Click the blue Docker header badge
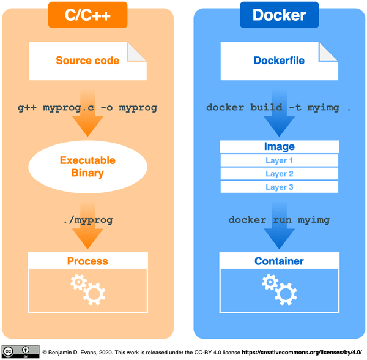pyautogui.click(x=279, y=15)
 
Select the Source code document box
pyautogui.click(x=87, y=61)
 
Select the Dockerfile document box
pyautogui.click(x=279, y=61)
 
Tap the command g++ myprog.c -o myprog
pyautogui.click(x=87, y=107)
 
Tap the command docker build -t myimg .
pyautogui.click(x=279, y=107)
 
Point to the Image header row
pyautogui.click(x=279, y=147)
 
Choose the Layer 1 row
pyautogui.click(x=279, y=160)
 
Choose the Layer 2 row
pyautogui.click(x=279, y=174)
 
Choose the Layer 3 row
pyautogui.click(x=279, y=187)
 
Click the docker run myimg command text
pyautogui.click(x=279, y=219)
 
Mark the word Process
pyautogui.click(x=87, y=261)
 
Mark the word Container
pyautogui.click(x=279, y=261)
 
